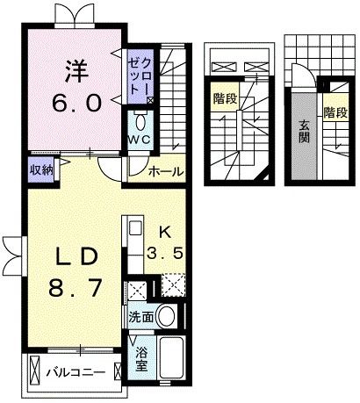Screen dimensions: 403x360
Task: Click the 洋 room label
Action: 74,68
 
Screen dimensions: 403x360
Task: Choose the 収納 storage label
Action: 40,169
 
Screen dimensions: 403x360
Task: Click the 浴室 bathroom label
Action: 141,360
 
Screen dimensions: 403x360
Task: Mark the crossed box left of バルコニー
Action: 35,370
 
